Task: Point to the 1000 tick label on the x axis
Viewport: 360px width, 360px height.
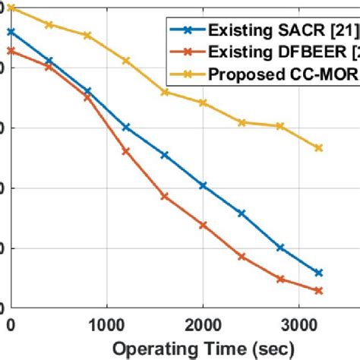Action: click(x=106, y=324)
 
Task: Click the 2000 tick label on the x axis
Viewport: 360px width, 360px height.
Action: click(x=203, y=324)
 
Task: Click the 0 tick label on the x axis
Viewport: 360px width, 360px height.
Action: click(x=11, y=324)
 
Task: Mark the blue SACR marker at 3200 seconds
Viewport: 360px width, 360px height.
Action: click(x=319, y=273)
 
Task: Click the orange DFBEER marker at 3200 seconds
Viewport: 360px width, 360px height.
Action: click(x=319, y=291)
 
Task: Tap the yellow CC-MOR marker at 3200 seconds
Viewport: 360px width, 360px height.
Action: click(x=319, y=148)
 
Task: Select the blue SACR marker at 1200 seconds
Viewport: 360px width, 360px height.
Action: click(x=126, y=127)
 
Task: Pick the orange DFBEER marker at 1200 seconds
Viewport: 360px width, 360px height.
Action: click(x=126, y=151)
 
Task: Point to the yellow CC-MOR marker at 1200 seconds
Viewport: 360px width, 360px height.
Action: click(x=126, y=61)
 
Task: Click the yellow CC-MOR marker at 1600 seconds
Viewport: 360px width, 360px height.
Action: click(x=165, y=93)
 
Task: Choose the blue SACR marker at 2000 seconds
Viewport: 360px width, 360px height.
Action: click(x=203, y=185)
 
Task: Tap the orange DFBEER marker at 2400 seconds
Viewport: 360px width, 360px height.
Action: click(x=242, y=257)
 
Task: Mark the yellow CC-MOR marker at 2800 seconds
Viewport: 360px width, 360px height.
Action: click(x=280, y=126)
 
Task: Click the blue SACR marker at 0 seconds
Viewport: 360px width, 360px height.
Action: click(x=11, y=32)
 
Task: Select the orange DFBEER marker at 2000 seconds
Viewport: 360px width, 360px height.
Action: click(x=203, y=226)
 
